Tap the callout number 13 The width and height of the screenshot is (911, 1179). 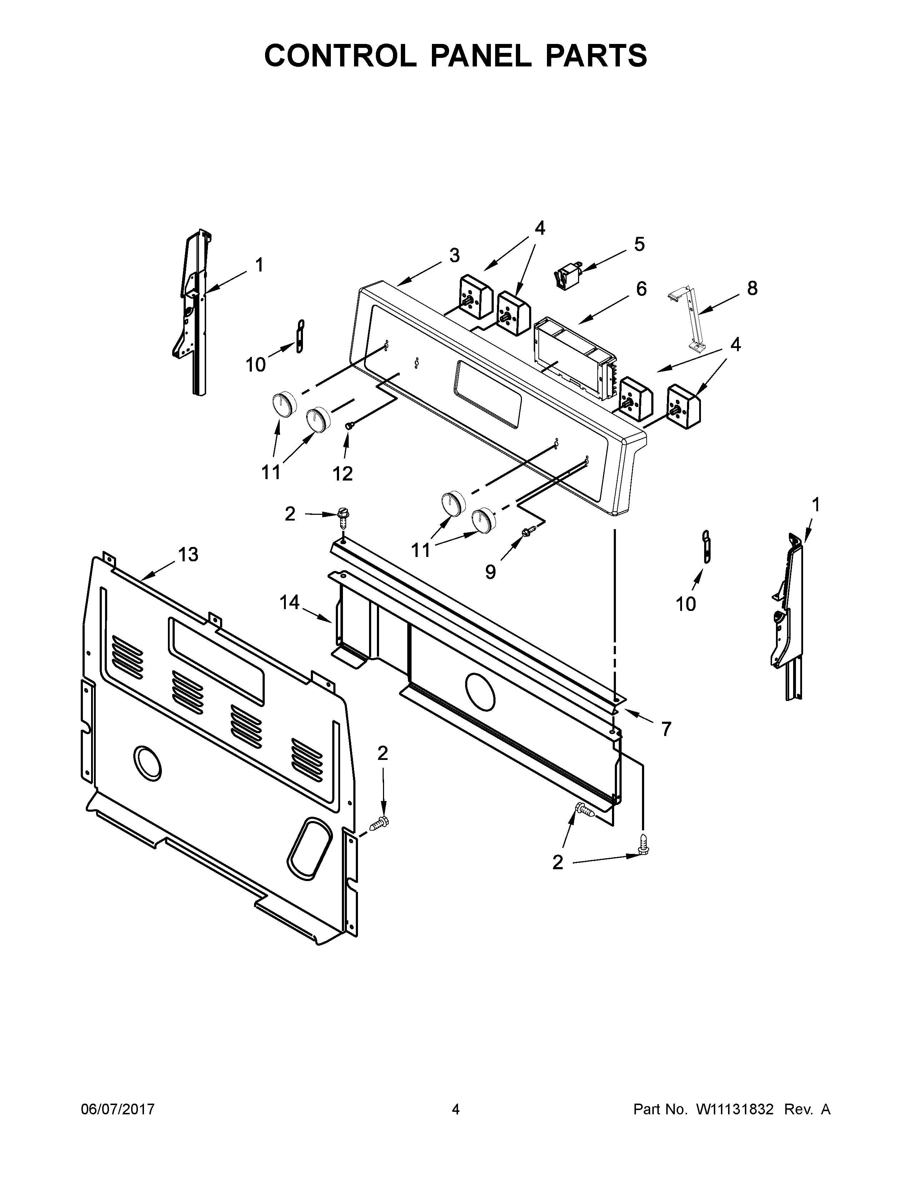188,554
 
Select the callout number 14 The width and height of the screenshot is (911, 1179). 290,602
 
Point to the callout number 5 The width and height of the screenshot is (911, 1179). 639,244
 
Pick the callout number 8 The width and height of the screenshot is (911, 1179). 752,288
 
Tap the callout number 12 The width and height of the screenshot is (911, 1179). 342,473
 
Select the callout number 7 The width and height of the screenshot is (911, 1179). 666,729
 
